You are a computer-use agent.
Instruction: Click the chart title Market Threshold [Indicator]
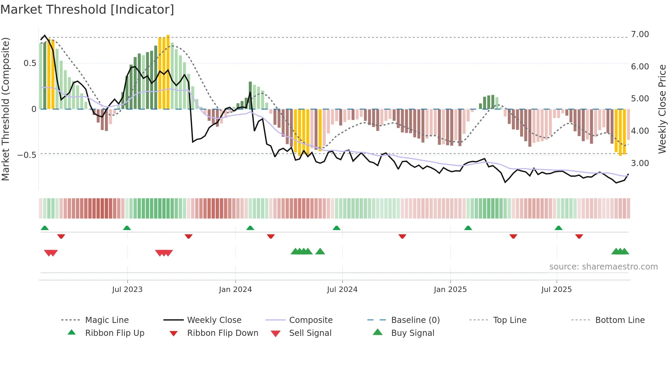point(87,10)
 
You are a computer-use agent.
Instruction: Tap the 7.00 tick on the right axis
point(640,34)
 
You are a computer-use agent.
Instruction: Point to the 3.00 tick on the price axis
point(640,163)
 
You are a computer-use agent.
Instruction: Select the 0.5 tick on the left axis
point(30,63)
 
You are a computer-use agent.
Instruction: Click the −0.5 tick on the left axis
point(27,155)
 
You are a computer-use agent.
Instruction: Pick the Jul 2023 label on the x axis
point(127,290)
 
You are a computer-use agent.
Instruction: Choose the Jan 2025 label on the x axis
point(450,290)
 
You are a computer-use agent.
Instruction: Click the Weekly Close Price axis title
point(662,109)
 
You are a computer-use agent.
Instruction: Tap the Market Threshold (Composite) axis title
point(5,109)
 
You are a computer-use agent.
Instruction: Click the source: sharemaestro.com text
point(603,267)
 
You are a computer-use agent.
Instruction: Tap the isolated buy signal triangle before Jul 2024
point(320,251)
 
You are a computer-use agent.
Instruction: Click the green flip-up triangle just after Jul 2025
point(558,228)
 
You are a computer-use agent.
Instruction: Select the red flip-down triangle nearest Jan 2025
point(402,236)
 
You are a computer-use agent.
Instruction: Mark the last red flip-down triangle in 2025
point(579,236)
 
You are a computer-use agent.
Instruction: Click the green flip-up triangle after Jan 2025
point(468,228)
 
